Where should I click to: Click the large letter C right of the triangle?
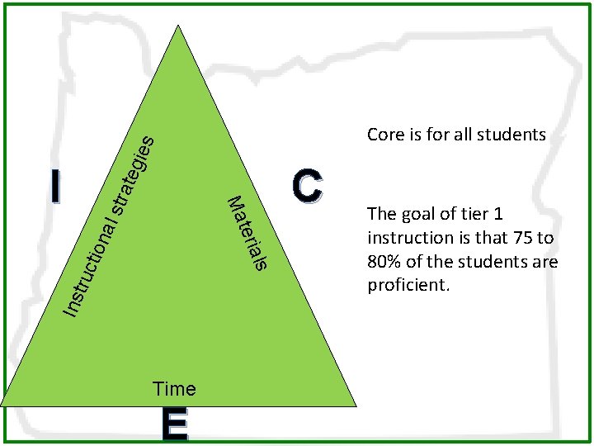307,186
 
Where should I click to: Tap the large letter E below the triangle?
175,425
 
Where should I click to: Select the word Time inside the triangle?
175,388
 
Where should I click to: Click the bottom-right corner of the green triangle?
356,405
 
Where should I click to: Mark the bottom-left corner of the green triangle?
2,405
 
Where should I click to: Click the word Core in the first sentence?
384,134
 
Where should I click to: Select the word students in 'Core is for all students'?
514,134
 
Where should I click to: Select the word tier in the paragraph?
472,214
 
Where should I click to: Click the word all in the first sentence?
464,134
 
